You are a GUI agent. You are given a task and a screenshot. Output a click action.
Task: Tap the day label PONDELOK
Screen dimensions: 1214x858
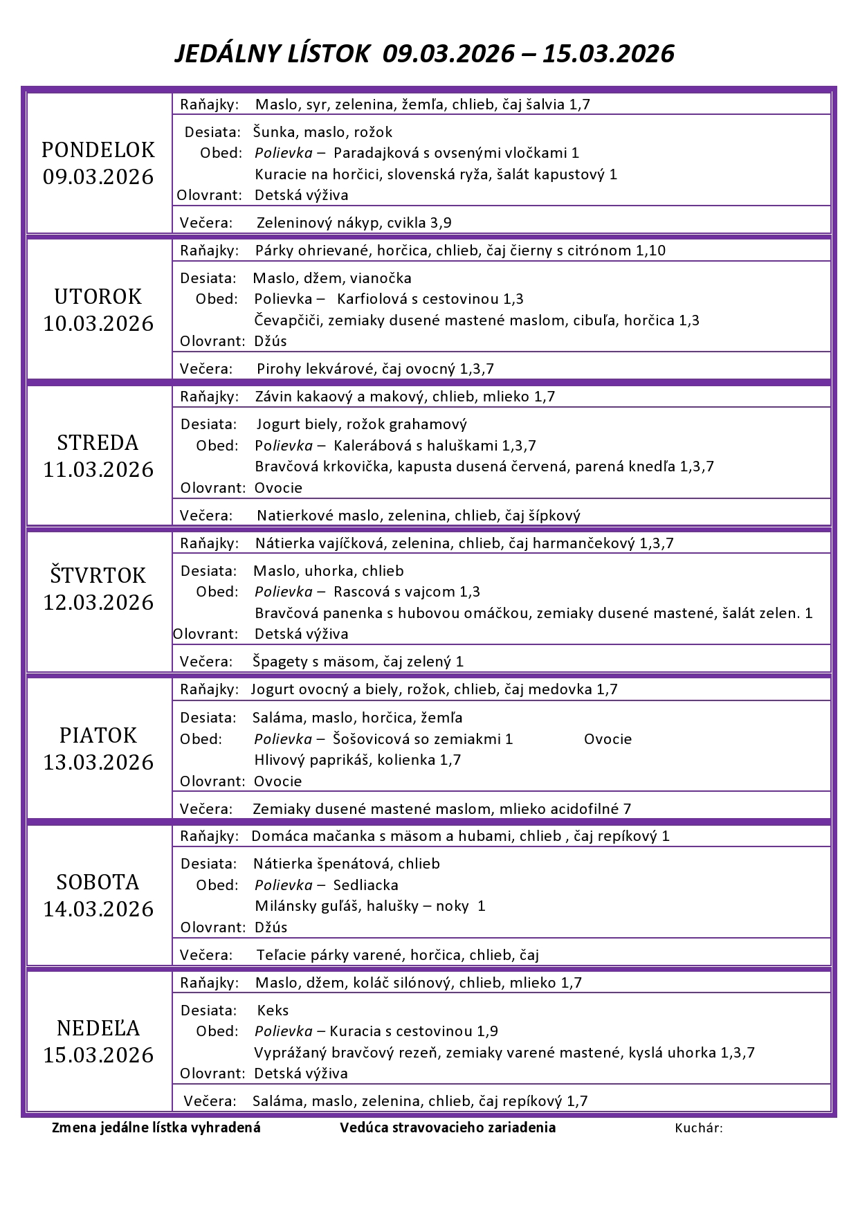click(98, 150)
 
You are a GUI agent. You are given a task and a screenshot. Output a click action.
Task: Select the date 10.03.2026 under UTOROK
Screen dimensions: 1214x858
click(98, 323)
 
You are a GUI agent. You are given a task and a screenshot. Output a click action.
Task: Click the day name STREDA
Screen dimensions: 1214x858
click(98, 442)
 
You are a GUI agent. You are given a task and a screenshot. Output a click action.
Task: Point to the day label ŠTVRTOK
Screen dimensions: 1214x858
click(98, 575)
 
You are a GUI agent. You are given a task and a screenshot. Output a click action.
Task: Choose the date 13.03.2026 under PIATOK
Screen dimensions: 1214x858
click(98, 762)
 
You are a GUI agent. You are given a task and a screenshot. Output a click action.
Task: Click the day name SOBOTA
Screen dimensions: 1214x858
click(98, 882)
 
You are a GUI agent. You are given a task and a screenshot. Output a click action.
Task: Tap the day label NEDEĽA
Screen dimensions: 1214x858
click(98, 1028)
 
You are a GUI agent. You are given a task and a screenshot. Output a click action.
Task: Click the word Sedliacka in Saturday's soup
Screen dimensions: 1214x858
click(365, 885)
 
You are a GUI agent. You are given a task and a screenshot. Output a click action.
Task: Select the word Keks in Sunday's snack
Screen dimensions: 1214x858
click(273, 1011)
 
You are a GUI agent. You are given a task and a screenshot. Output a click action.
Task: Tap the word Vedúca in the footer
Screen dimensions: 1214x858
click(364, 1127)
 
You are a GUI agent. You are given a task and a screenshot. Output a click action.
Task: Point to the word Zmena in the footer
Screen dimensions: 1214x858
click(73, 1127)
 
